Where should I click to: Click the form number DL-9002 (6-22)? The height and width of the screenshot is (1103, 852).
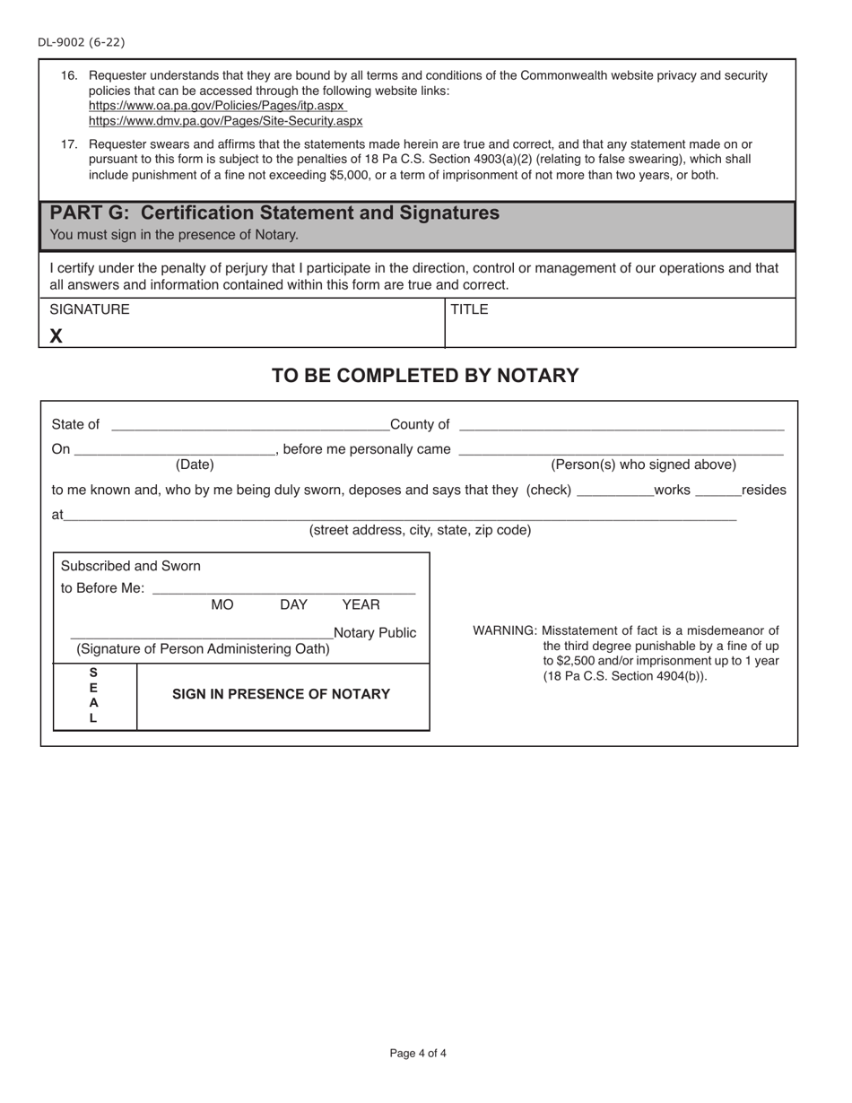(82, 42)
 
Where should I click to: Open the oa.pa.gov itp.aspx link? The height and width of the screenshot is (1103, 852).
(217, 106)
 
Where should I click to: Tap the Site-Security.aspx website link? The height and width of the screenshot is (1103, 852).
(225, 121)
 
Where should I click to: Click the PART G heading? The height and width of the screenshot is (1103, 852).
(274, 213)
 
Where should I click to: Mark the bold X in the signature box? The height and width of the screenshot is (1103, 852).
(57, 336)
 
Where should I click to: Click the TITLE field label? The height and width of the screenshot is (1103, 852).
(469, 309)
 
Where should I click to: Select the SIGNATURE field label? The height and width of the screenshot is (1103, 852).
(90, 309)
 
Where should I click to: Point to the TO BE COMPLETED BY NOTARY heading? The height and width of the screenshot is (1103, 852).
(425, 376)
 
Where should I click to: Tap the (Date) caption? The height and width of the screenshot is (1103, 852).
(195, 465)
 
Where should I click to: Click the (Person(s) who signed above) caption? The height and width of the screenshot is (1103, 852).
(643, 465)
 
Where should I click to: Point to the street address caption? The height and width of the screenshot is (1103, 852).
(420, 530)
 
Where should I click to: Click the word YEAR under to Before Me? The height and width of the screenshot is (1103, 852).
(361, 605)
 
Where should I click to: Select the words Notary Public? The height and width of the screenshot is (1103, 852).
(375, 633)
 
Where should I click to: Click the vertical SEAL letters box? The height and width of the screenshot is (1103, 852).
(94, 696)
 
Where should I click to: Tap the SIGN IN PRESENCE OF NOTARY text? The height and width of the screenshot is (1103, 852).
(281, 694)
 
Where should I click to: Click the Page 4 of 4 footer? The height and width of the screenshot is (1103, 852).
(418, 1054)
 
